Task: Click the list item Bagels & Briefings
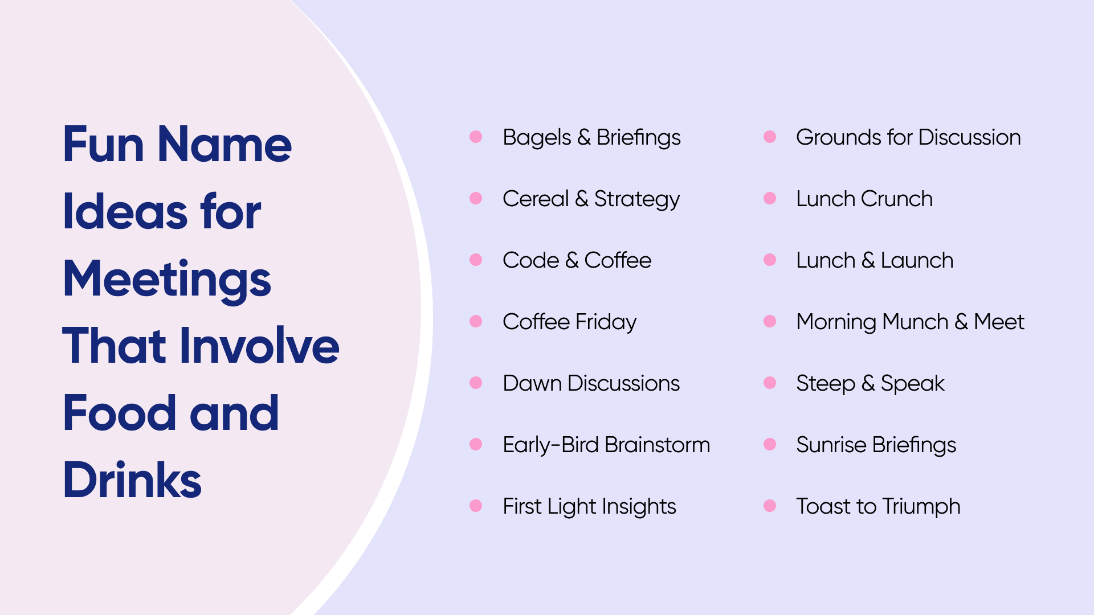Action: coord(591,138)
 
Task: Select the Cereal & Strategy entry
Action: coord(591,199)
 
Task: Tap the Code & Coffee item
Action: coord(577,260)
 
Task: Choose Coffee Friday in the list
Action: coord(569,322)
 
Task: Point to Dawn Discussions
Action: coord(591,383)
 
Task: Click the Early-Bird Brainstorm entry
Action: coord(606,445)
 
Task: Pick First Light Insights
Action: coord(589,507)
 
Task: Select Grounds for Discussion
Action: coord(908,137)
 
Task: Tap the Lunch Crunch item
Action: coord(864,199)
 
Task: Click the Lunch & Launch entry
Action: coord(875,260)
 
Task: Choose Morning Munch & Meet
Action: coord(911,322)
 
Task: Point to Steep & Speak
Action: coord(870,384)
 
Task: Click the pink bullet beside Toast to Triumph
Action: coord(770,506)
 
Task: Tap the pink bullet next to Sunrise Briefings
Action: coord(770,444)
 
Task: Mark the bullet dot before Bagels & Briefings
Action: coord(476,137)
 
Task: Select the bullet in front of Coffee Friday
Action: coord(476,321)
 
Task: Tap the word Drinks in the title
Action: coord(132,480)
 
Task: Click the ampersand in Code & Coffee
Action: coord(572,260)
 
